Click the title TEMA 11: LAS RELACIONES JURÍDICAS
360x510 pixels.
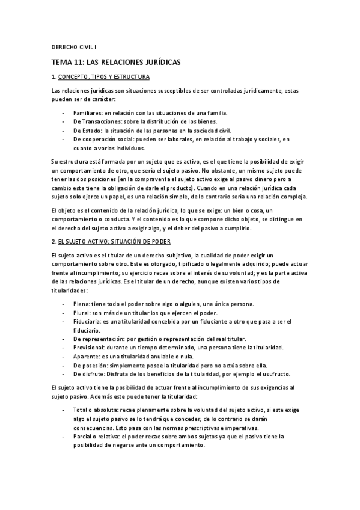click(116, 62)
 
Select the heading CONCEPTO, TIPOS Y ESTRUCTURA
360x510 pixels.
click(103, 77)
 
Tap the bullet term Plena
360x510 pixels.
click(81, 304)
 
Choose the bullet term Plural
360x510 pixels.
click(81, 313)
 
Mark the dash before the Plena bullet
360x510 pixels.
click(64, 304)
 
